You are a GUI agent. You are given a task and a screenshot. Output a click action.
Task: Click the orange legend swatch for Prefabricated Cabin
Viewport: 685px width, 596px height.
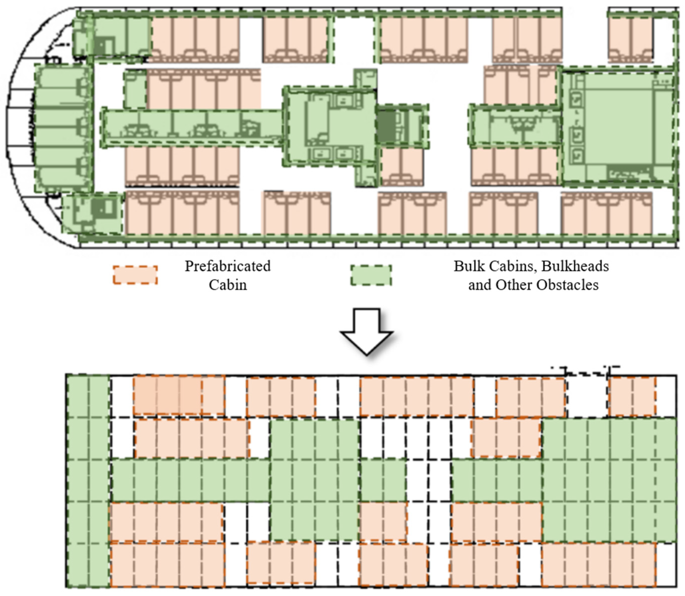135,275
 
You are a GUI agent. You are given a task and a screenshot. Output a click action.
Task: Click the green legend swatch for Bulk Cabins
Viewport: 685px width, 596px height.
371,275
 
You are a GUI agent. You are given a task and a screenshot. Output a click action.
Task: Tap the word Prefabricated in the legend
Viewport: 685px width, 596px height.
227,266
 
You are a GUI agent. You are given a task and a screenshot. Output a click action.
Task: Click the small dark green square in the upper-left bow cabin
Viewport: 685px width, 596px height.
104,46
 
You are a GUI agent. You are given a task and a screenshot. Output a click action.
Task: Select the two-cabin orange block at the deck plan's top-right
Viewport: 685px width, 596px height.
630,39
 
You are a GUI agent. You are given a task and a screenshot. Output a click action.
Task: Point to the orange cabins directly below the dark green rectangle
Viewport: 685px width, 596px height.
402,167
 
